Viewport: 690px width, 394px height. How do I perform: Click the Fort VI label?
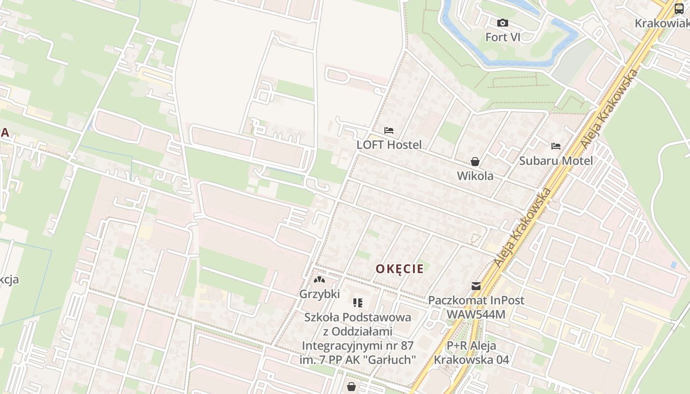[503, 37]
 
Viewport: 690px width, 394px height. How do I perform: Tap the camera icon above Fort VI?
[503, 23]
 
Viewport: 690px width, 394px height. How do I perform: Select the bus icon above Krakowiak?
[679, 9]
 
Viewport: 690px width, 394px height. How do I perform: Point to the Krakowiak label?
[661, 24]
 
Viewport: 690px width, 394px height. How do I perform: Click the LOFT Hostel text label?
[389, 145]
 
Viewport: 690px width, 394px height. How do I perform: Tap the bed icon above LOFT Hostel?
[389, 131]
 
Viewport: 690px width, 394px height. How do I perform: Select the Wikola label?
[475, 176]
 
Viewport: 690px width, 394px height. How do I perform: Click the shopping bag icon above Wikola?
[475, 162]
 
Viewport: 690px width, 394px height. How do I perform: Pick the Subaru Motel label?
[556, 161]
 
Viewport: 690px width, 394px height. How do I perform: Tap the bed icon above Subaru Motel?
[556, 146]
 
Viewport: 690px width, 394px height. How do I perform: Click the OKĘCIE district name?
[400, 269]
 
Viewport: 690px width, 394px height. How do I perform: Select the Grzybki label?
[319, 294]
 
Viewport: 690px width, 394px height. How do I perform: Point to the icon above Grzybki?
[319, 280]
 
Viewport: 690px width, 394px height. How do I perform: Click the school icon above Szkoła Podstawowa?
[358, 302]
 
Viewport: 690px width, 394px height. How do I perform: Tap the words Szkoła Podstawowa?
[358, 317]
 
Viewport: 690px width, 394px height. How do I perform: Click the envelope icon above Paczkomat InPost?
[476, 286]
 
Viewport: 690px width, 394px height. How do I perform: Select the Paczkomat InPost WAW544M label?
[476, 307]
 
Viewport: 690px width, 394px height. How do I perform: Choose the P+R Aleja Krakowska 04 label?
[472, 353]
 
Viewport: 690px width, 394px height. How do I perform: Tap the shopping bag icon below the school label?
[351, 387]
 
